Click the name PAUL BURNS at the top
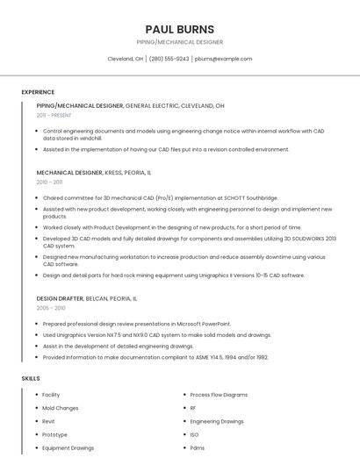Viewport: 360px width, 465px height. point(179,29)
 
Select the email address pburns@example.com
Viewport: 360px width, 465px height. point(223,59)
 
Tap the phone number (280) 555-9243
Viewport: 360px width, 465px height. point(169,59)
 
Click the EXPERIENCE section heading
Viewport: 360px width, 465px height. point(38,92)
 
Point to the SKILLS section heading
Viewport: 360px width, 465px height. point(31,378)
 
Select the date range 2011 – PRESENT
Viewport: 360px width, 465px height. point(54,115)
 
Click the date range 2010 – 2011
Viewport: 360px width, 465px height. point(49,182)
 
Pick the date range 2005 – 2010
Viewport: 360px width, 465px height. point(51,308)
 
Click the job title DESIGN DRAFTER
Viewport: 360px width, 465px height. point(60,298)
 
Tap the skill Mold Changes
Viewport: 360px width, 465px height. point(61,408)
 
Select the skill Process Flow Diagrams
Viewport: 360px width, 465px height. point(219,395)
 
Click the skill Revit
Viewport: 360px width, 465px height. point(48,421)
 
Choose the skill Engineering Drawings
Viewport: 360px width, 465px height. point(217,421)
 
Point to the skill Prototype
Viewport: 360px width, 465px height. point(54,434)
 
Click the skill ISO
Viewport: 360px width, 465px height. point(194,434)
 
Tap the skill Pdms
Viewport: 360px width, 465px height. point(197,447)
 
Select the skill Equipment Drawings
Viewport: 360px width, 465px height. point(68,447)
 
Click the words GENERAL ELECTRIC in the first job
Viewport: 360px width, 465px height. point(152,105)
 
